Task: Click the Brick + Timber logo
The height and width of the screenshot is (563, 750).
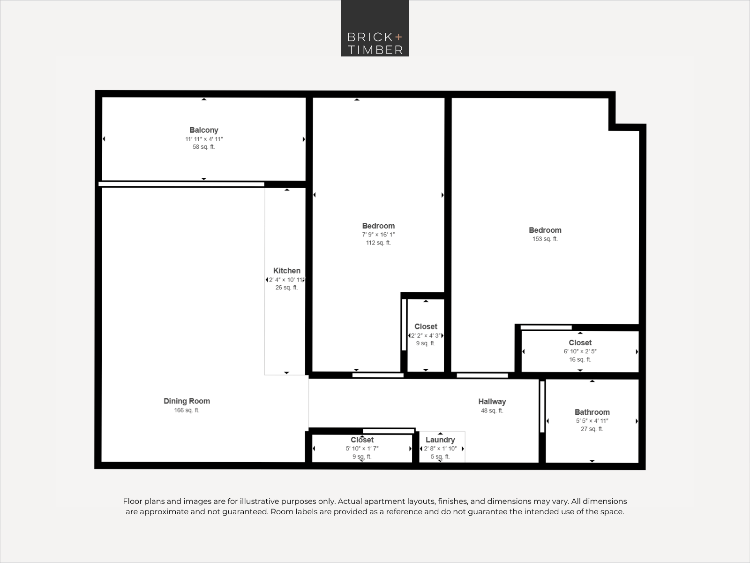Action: pos(375,28)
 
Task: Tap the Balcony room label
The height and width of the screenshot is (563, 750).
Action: pos(203,130)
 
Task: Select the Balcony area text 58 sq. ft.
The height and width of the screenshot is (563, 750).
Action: pos(203,147)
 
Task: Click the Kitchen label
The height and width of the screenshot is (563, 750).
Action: pos(287,271)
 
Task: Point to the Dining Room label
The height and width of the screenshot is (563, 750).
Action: pos(187,401)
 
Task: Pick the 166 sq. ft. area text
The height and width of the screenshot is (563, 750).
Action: pos(187,410)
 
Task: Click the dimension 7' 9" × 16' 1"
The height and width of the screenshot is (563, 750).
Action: pos(378,235)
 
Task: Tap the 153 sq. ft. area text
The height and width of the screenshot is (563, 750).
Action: pos(545,239)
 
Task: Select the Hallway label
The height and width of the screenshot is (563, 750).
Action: pos(492,402)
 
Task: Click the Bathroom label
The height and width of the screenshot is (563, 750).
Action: pos(592,412)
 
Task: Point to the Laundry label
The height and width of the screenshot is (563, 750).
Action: pos(440,440)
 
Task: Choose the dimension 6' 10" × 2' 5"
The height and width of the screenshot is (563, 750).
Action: pos(580,351)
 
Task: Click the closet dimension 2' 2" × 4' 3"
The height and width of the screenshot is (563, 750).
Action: pos(426,335)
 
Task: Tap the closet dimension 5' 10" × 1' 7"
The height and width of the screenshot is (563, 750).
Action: pos(362,449)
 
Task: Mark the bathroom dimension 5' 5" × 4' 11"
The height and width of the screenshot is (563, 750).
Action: pos(592,421)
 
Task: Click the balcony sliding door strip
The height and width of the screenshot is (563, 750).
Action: pos(181,184)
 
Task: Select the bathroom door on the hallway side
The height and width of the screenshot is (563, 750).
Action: pos(542,407)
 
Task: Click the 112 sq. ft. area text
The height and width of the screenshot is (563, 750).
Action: pos(378,243)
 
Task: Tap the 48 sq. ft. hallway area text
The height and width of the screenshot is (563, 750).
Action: pos(492,411)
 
